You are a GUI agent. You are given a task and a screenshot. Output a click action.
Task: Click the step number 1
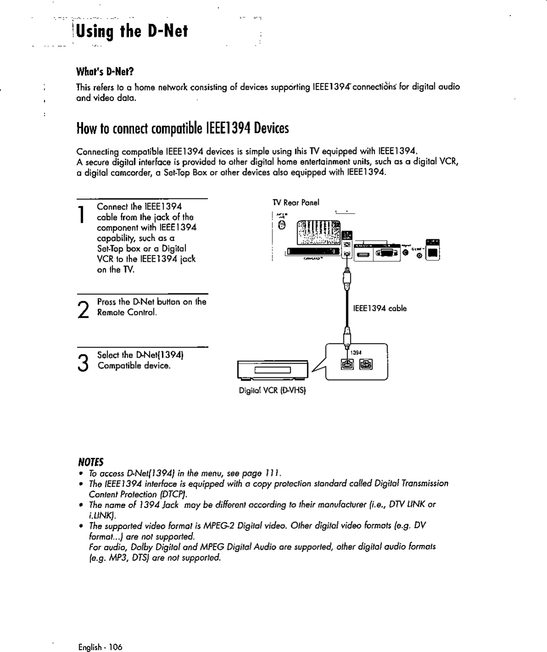[81, 215]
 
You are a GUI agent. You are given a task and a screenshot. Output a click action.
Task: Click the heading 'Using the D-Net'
[132, 31]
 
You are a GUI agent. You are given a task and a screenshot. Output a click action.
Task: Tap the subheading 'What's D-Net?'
[105, 72]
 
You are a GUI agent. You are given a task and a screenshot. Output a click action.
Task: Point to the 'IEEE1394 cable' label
[380, 309]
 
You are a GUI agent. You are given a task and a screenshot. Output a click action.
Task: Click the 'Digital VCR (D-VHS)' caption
[272, 391]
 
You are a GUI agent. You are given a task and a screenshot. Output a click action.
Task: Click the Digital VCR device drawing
[272, 370]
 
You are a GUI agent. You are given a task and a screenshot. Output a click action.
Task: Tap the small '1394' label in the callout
[356, 353]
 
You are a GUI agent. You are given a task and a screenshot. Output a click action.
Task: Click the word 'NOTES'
[91, 461]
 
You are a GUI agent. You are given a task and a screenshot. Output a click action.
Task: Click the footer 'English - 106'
[100, 647]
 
